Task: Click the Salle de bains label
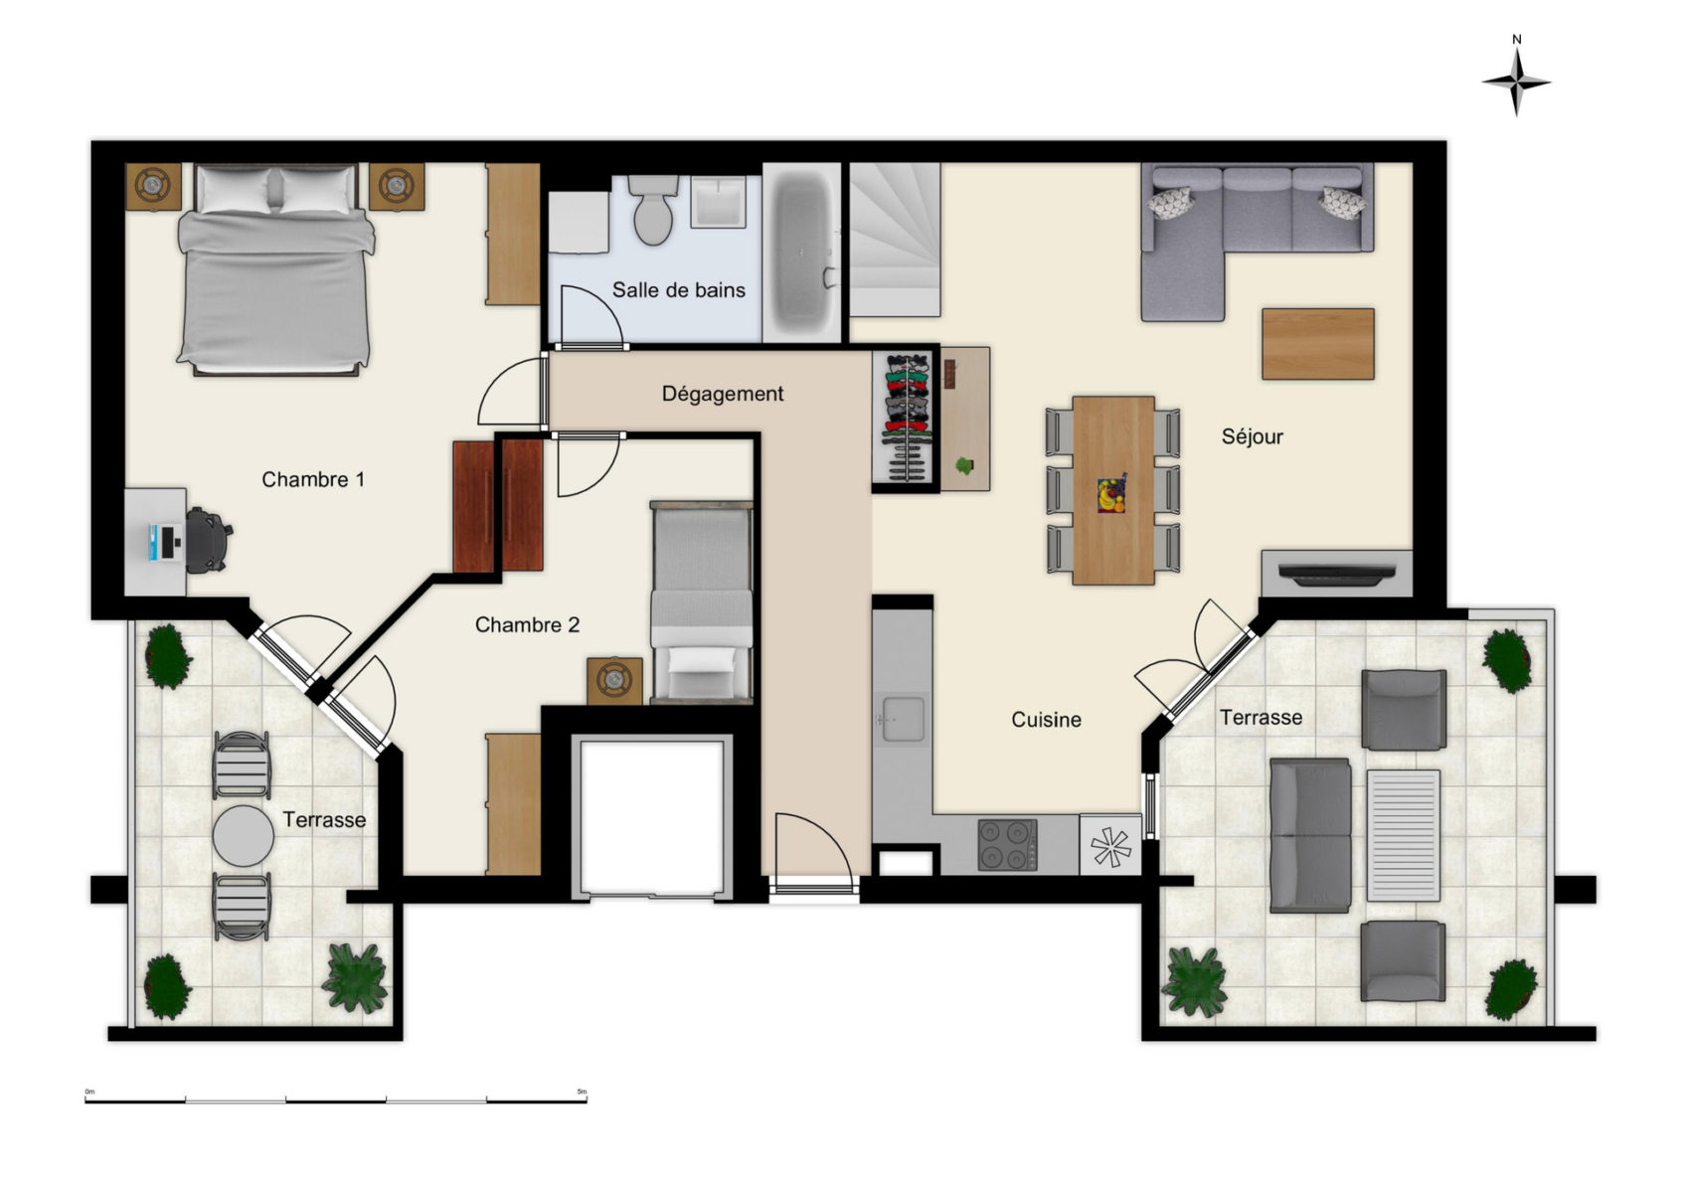(679, 290)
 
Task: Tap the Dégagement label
(723, 394)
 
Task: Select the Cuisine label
(1046, 720)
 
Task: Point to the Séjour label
(1252, 436)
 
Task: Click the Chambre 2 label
(527, 625)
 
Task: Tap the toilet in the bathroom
(653, 210)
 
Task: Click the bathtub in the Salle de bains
(802, 254)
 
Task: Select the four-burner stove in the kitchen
(1007, 845)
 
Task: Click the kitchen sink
(903, 719)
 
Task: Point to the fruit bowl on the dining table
(1111, 495)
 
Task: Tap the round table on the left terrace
(243, 836)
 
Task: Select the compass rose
(1517, 80)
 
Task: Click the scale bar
(336, 1101)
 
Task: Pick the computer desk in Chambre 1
(155, 542)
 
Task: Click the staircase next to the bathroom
(895, 239)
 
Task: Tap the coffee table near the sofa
(1318, 343)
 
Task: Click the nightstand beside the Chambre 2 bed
(614, 681)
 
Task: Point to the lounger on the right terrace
(1403, 835)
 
